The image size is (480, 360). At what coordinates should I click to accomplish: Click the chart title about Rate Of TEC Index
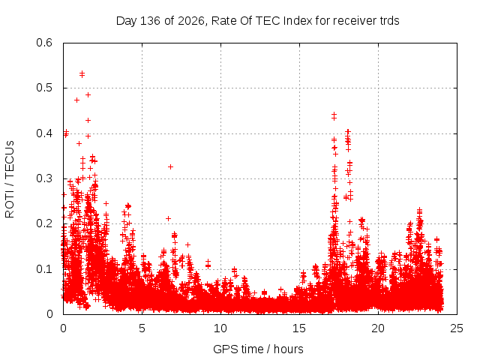point(258,21)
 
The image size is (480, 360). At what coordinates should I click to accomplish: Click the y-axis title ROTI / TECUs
point(10,179)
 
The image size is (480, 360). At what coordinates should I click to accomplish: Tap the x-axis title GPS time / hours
point(258,349)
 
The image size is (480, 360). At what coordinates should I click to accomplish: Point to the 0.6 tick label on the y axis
point(44,43)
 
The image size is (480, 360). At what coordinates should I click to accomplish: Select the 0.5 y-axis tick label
point(44,88)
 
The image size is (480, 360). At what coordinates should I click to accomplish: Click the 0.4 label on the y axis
point(44,133)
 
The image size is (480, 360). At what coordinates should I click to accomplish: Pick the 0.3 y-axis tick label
point(44,178)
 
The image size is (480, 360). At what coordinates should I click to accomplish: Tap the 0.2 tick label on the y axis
point(44,223)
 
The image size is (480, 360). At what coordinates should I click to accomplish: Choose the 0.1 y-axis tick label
point(44,269)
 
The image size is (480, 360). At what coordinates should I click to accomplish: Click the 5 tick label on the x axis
point(142,328)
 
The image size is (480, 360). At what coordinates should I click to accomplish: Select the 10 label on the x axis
point(220,328)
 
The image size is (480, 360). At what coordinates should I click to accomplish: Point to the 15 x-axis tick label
point(299,328)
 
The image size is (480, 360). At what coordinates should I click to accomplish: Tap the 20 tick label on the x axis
point(378,328)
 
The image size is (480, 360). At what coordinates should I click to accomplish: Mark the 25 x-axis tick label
point(457,328)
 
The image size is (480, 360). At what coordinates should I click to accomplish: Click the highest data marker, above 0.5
point(82,73)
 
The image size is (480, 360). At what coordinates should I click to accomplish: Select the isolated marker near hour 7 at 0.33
point(170,166)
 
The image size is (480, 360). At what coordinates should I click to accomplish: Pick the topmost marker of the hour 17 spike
point(334,115)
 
